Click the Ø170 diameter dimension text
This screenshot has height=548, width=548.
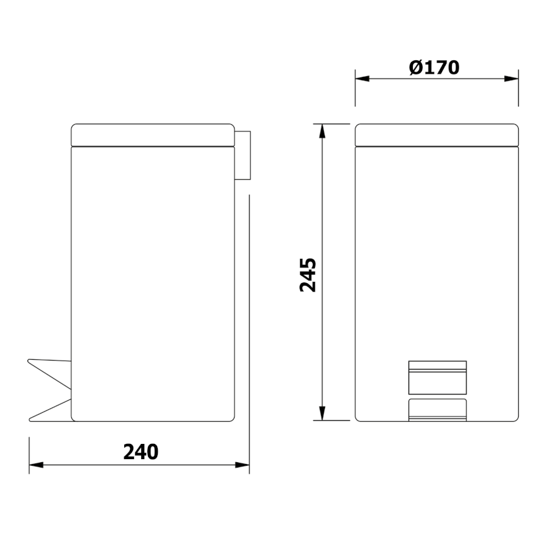434,68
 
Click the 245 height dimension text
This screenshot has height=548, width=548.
308,275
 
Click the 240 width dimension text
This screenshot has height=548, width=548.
141,452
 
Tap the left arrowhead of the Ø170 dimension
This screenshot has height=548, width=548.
362,79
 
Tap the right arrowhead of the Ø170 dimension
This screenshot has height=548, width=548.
511,79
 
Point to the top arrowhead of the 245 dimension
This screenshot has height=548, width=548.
322,131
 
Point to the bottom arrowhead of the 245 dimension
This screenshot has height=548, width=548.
322,413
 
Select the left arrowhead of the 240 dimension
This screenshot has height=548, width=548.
36,465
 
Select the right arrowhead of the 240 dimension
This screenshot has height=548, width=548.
242,465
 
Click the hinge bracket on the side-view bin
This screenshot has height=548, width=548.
242,155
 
